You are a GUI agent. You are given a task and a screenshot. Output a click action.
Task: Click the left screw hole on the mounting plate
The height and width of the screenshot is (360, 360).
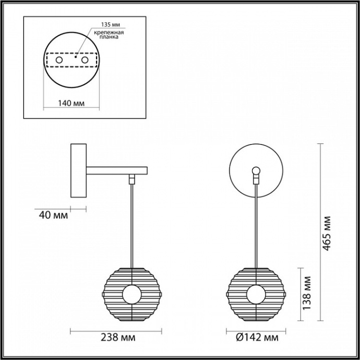[59, 61]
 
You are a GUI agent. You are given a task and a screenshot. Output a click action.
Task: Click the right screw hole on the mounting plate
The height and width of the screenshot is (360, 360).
[83, 61]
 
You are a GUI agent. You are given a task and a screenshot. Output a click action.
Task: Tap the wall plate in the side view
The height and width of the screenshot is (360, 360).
[79, 171]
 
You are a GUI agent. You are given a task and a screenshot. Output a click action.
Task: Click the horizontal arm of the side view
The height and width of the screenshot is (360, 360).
[117, 170]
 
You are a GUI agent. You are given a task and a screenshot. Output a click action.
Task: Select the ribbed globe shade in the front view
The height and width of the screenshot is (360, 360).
[256, 295]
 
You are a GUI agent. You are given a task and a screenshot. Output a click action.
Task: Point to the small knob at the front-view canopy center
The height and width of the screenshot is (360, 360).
[256, 171]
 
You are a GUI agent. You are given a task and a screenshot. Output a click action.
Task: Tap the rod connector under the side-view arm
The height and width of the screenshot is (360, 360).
[133, 179]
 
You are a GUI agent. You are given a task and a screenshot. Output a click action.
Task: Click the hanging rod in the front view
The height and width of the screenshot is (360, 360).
[256, 224]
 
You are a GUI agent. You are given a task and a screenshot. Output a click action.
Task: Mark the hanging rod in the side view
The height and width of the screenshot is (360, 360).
[133, 224]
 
